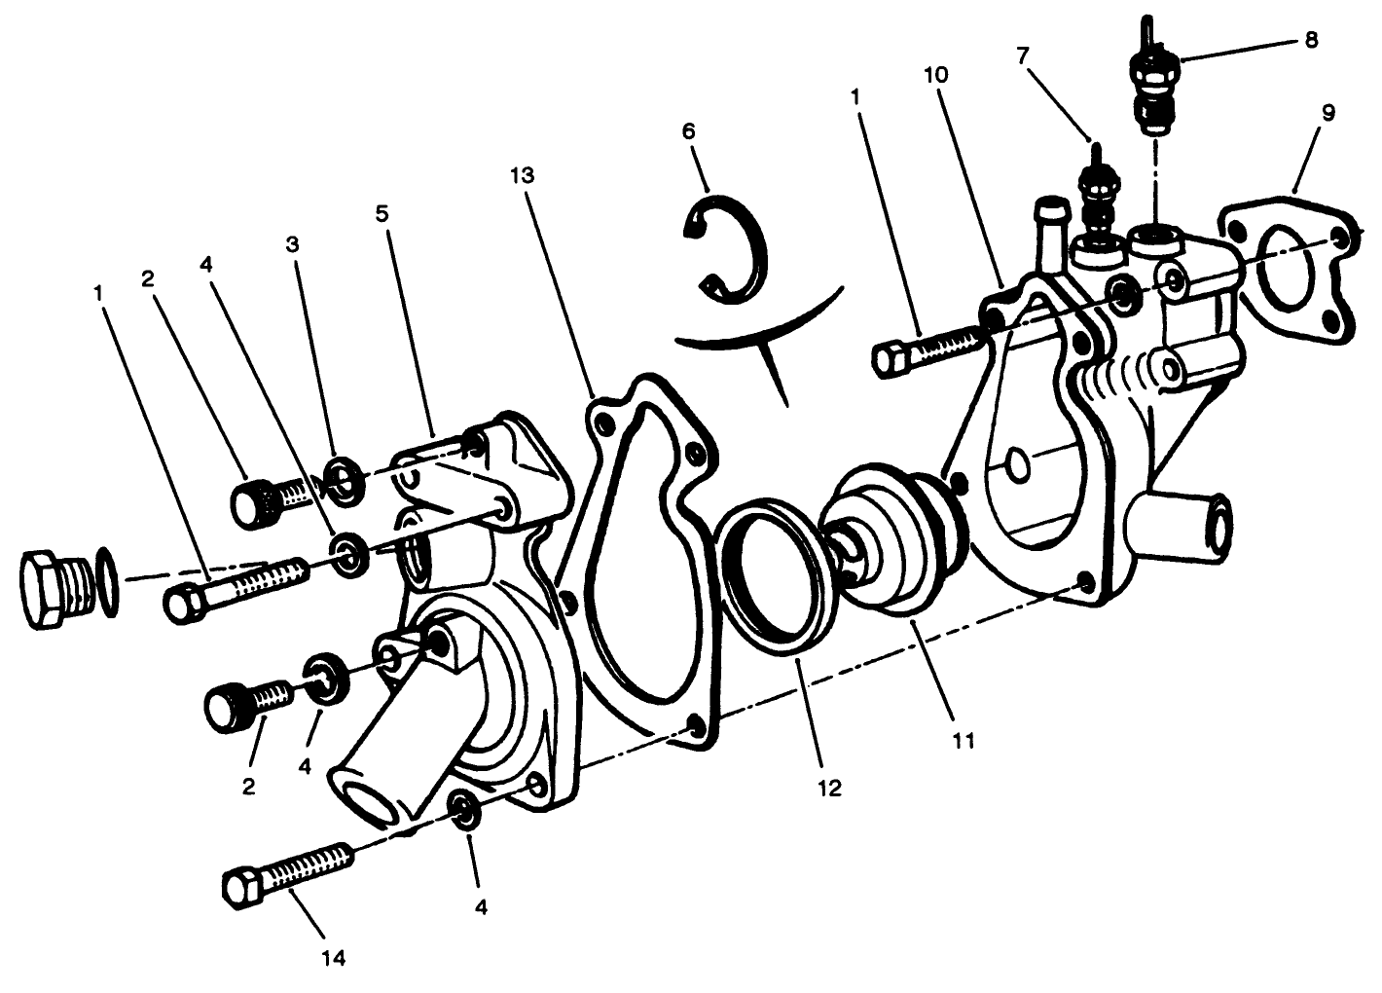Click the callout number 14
point(333,958)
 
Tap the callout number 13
point(522,175)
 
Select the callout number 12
point(830,789)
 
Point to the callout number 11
point(964,741)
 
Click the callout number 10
point(936,75)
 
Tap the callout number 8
point(1311,40)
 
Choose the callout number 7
point(1023,55)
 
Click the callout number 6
point(688,130)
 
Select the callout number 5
point(382,213)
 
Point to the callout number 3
point(292,244)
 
